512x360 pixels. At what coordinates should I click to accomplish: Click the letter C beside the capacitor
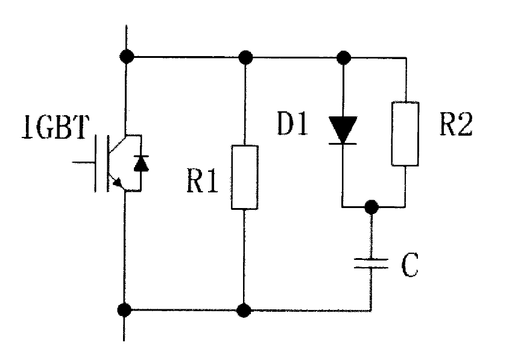point(409,266)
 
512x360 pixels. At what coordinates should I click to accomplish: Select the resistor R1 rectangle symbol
point(244,177)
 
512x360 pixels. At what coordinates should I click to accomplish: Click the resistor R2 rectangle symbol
point(405,133)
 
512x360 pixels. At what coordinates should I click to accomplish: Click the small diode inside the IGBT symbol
point(141,163)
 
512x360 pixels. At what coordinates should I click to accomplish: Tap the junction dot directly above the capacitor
point(372,207)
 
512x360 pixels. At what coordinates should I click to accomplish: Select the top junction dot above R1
point(245,58)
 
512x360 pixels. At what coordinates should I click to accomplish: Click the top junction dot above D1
point(343,58)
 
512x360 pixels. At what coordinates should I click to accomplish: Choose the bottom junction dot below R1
point(244,311)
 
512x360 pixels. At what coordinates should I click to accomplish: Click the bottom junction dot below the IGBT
point(125,311)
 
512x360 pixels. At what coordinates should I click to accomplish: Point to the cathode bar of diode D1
point(343,144)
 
